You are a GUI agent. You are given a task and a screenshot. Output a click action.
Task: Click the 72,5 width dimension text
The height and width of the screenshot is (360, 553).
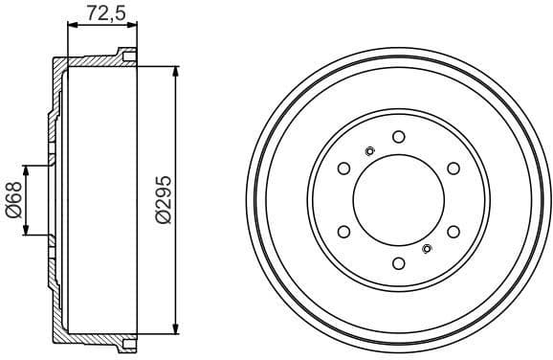pyautogui.click(x=100, y=14)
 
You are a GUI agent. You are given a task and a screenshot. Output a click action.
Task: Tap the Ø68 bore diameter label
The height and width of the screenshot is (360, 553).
pyautogui.click(x=14, y=200)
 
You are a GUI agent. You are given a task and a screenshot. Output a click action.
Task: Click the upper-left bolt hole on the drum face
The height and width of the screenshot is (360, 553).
pyautogui.click(x=343, y=168)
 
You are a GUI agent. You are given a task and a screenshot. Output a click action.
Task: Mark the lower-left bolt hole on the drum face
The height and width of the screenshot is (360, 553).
pyautogui.click(x=343, y=233)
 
